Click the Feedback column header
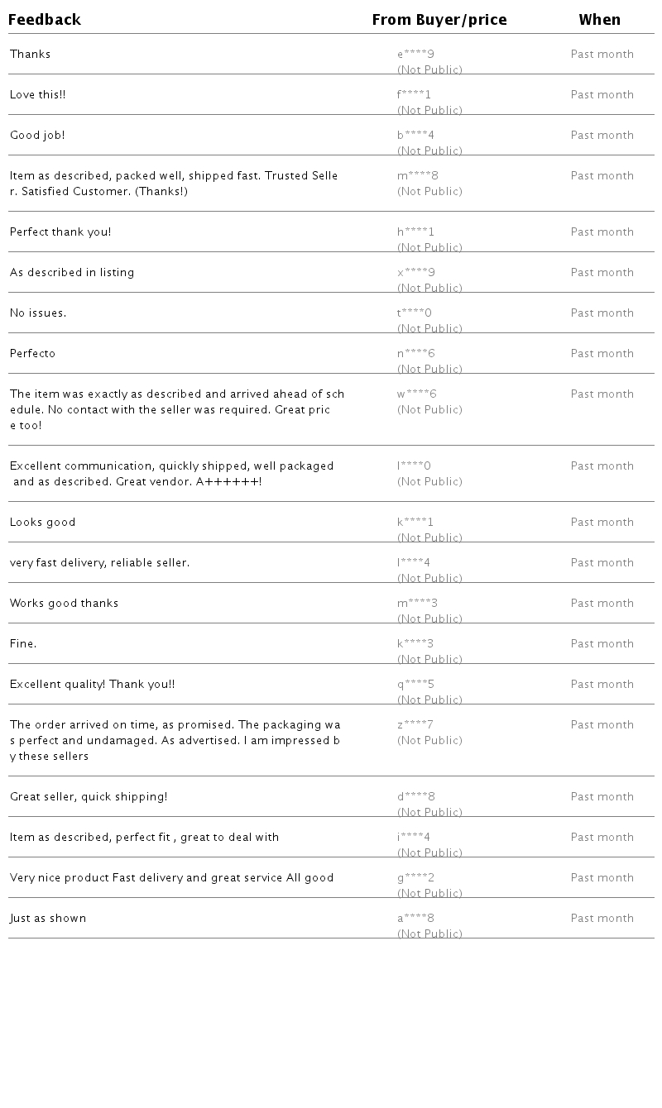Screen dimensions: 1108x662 [45, 20]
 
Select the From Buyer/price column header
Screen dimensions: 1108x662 [439, 20]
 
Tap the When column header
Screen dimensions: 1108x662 [599, 20]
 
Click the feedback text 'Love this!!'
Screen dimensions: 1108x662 [37, 95]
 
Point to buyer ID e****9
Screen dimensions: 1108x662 [415, 55]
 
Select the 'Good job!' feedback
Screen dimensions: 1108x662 [37, 136]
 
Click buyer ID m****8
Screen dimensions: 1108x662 [417, 176]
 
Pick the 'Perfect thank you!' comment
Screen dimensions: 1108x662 [60, 232]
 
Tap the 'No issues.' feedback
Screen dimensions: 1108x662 [38, 313]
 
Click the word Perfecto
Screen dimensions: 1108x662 [32, 354]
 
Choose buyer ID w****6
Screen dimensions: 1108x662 [416, 394]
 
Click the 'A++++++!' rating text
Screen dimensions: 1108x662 [228, 482]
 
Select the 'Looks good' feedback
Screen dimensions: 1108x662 [42, 523]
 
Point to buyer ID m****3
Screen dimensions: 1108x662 [417, 604]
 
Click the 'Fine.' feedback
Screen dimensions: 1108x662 [23, 644]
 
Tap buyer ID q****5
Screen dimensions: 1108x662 [415, 685]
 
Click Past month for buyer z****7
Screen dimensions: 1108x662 [602, 725]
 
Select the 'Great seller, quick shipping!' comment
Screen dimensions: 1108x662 [89, 797]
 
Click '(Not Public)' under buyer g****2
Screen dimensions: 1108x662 [429, 894]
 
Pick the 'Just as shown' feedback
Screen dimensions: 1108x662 [48, 919]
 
